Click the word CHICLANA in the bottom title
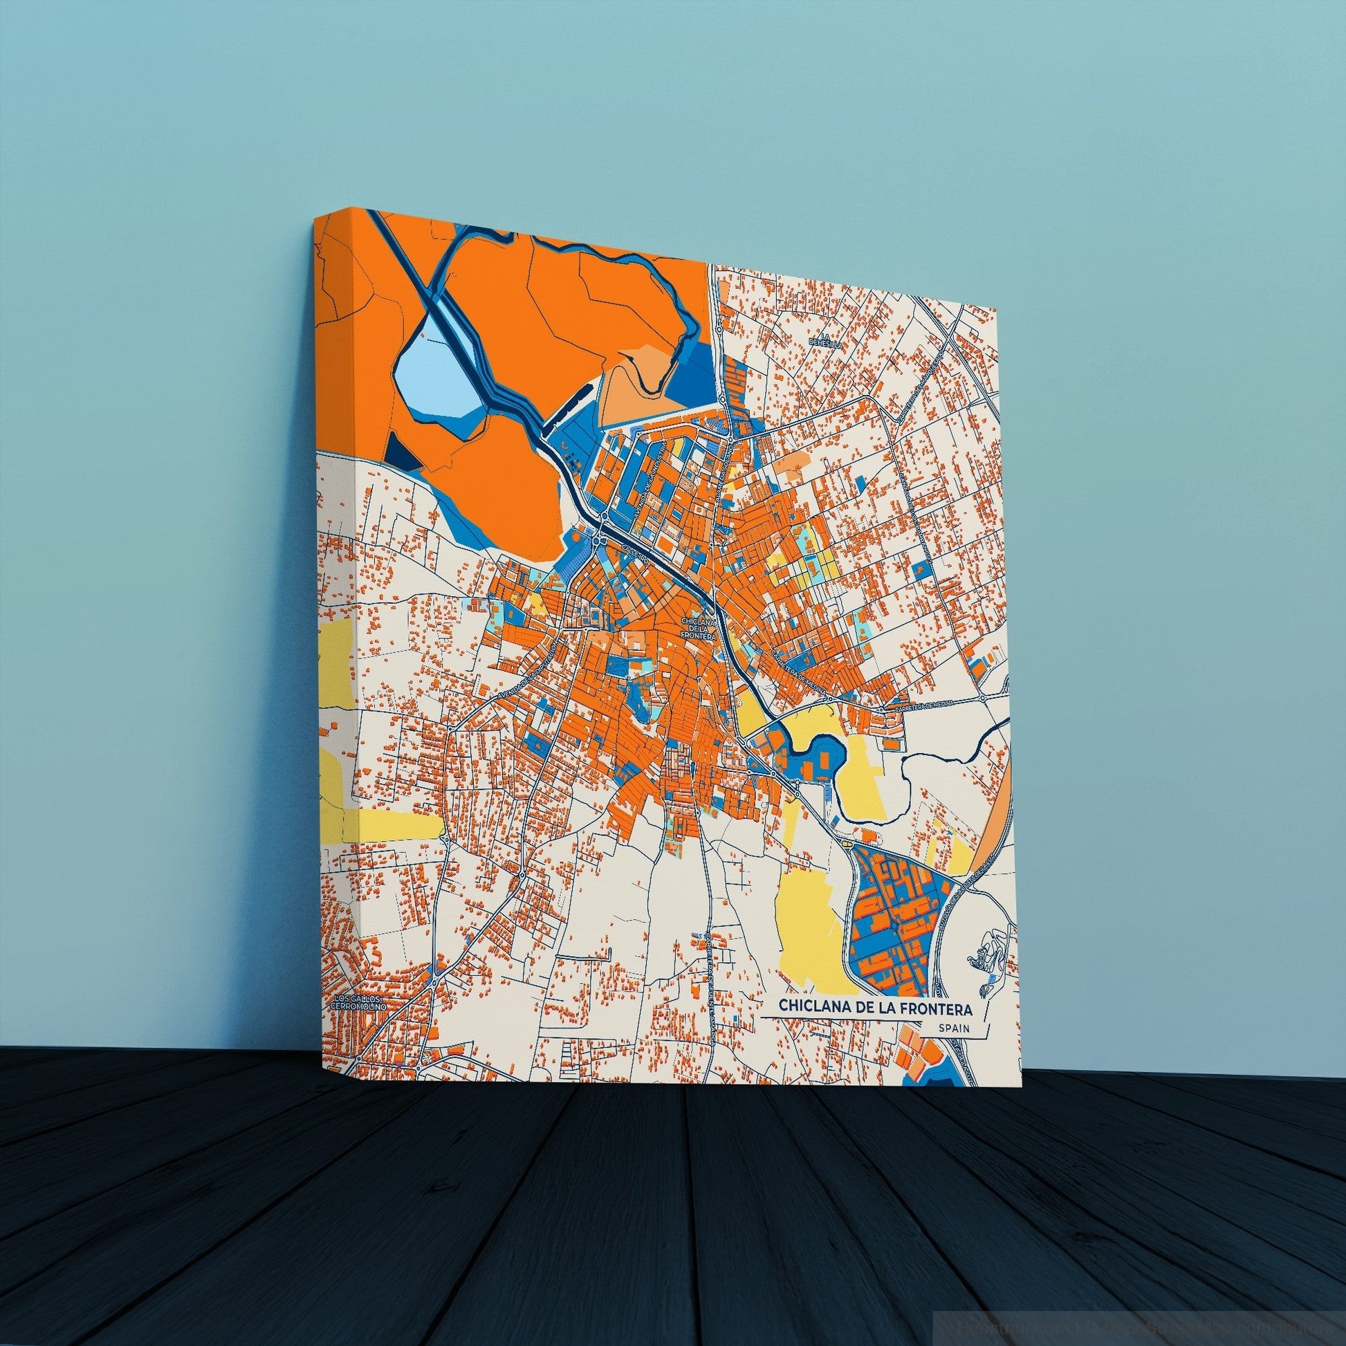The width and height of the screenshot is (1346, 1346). (x=809, y=1005)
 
